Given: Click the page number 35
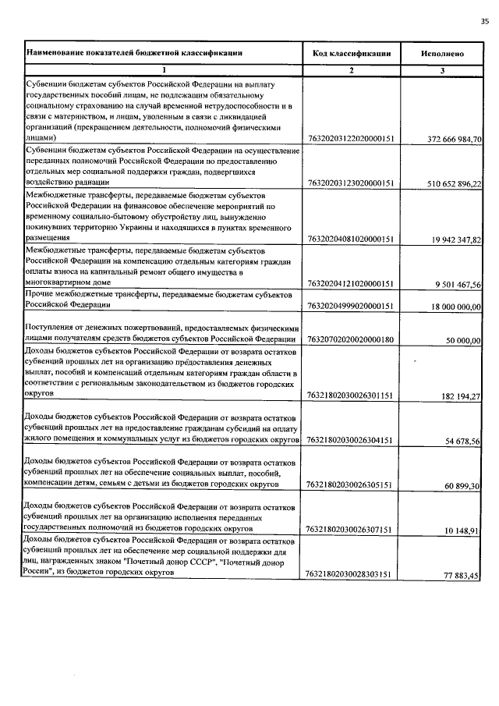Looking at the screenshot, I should pyautogui.click(x=484, y=22).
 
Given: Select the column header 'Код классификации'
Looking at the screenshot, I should pyautogui.click(x=352, y=53).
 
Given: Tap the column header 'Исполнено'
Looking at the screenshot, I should pyautogui.click(x=442, y=54).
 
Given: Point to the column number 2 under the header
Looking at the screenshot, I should pyautogui.click(x=351, y=71).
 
